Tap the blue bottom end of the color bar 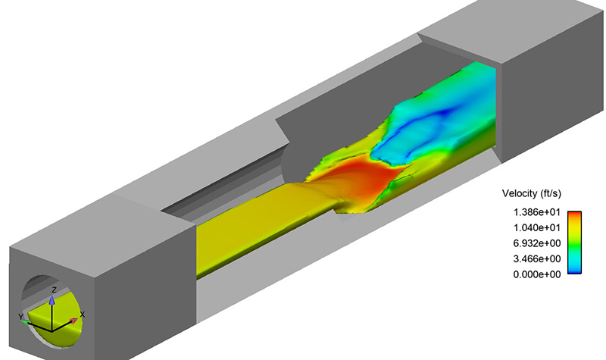click(x=575, y=269)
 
